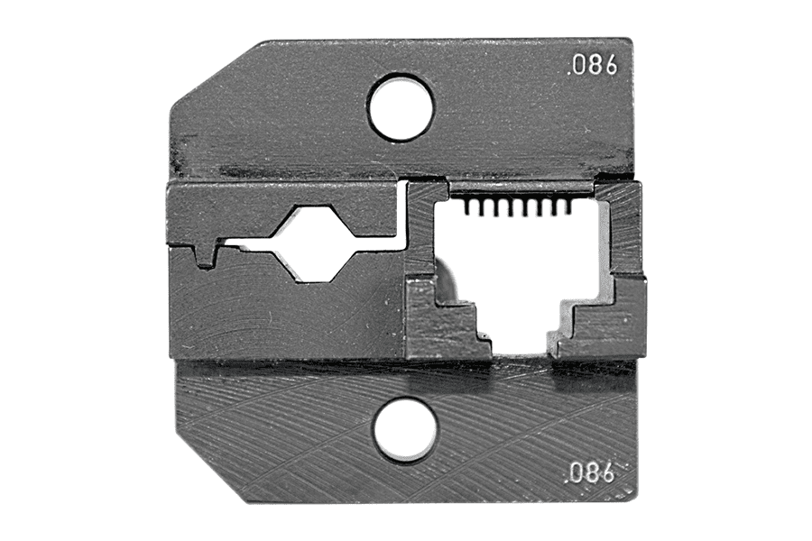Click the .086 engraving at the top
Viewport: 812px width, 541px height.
coord(593,66)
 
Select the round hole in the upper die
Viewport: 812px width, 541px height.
coord(401,107)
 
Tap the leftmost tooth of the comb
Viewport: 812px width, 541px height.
coord(468,207)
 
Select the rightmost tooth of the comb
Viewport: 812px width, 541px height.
coord(568,207)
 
